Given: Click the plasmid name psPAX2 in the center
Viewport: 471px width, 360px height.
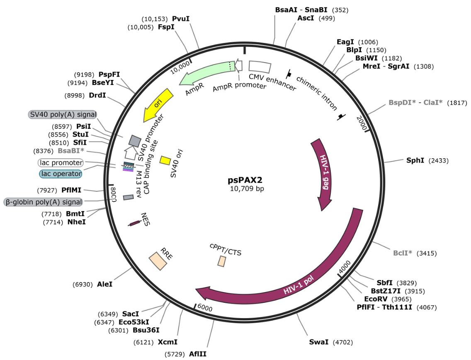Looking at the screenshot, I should [245, 180].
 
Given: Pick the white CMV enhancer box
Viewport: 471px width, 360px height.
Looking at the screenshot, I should [260, 66].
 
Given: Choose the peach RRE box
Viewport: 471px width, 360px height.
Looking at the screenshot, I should [158, 261].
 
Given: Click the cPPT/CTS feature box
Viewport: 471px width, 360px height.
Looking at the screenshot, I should [222, 261].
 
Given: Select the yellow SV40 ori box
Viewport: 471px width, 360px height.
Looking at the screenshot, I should [165, 160].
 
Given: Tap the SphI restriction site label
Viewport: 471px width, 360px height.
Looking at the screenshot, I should [415, 160].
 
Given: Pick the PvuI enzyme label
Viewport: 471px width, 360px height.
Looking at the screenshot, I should [181, 19].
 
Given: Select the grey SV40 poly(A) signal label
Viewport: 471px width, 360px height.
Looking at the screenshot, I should [63, 115].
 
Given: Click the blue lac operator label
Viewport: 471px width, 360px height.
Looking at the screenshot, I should [61, 174].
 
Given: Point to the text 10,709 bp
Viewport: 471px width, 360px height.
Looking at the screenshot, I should [247, 189].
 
